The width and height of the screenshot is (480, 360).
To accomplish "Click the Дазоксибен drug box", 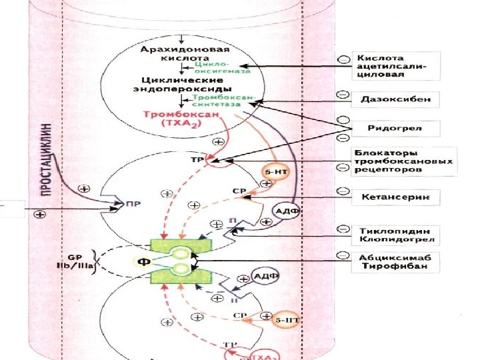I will [x=395, y=99].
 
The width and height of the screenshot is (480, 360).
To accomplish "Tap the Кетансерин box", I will [x=395, y=197].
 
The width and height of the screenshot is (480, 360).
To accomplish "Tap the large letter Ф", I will [x=142, y=260].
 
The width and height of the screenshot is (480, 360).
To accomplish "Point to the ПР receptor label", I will [x=131, y=206].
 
